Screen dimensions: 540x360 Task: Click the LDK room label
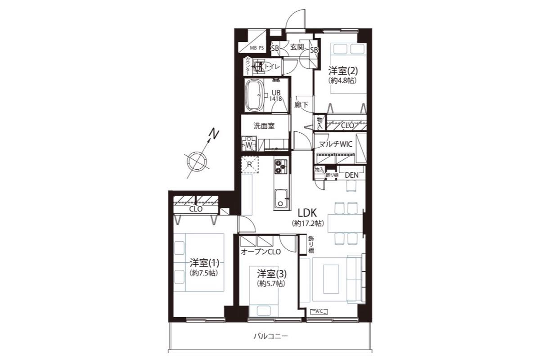coord(307,213)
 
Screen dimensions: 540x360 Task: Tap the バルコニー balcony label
coord(271,336)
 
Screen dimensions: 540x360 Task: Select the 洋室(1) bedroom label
coord(204,263)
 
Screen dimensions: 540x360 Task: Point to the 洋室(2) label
coord(343,71)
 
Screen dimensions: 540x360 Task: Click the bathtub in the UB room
coord(254,95)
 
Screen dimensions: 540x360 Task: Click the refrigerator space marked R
coord(250,164)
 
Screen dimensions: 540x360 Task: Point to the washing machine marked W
coord(249,144)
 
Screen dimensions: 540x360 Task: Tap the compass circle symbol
coord(197,161)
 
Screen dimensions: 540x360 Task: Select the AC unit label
coord(319,311)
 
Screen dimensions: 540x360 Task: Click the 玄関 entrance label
coord(297,47)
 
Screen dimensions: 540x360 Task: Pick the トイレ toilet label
coord(272,66)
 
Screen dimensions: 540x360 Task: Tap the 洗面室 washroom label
coord(264,126)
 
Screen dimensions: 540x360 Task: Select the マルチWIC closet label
coord(336,144)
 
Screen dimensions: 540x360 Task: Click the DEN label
coord(351,175)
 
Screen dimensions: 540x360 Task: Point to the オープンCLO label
coord(261,252)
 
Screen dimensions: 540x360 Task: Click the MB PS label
coord(257,48)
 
